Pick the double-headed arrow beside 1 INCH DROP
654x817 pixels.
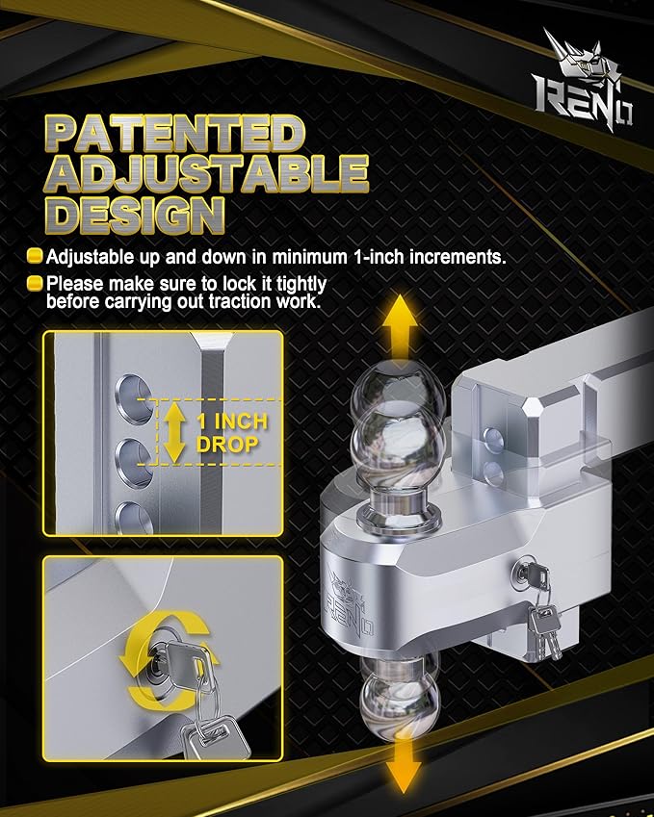click(173, 432)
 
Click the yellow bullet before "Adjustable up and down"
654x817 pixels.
click(34, 257)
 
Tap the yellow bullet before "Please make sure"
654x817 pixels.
click(34, 284)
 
